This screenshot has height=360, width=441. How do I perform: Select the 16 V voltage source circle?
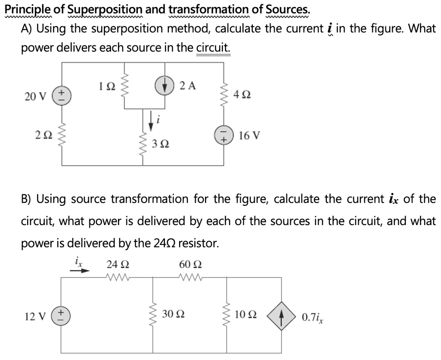point(224,136)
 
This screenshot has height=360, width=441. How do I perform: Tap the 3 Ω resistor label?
point(160,143)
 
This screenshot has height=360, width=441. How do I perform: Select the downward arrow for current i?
point(151,121)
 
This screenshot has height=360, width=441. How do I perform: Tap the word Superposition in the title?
point(105,9)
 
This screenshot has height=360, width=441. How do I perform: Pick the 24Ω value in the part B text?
point(165,243)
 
